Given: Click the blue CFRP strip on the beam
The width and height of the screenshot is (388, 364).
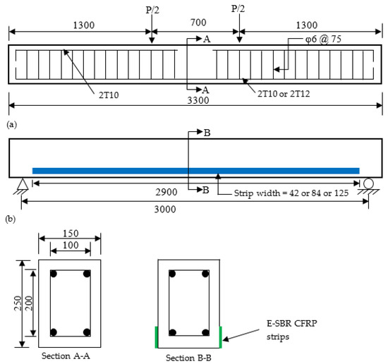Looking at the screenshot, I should click(195, 170).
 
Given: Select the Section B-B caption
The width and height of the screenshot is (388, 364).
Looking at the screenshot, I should click(190, 357).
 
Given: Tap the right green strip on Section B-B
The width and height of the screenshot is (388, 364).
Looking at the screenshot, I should click(222, 336).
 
